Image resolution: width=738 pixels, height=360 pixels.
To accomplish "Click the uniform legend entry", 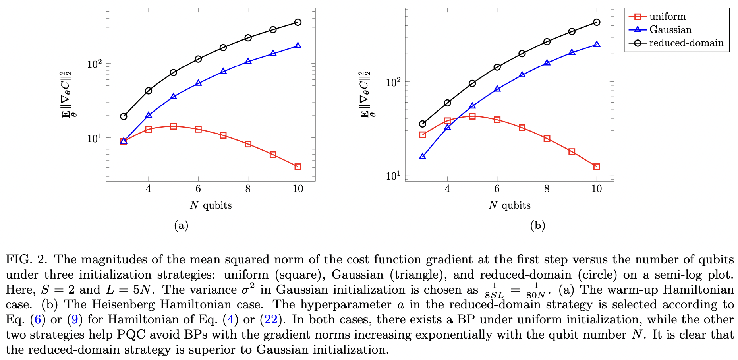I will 667,17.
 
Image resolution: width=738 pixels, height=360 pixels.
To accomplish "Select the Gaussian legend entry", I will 670,30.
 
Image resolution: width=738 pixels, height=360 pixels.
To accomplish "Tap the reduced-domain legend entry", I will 686,43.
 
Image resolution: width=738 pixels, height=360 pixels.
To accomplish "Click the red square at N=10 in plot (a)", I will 298,166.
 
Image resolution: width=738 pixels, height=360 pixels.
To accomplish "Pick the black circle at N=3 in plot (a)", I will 124,116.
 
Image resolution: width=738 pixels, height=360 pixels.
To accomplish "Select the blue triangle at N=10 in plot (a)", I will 298,46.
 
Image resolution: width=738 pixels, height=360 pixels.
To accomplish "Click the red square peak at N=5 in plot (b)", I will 472,116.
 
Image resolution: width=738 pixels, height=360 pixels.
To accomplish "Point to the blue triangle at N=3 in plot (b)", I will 423,157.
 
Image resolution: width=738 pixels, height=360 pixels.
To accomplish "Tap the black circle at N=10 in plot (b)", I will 597,22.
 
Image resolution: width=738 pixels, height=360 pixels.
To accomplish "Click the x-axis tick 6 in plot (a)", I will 198,189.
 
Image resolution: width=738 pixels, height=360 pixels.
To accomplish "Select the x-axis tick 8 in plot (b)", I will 547,189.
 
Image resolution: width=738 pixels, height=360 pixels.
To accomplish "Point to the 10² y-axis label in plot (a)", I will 95,64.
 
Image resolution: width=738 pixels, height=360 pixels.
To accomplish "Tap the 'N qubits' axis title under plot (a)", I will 211,205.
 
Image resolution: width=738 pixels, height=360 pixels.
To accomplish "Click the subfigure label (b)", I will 537,226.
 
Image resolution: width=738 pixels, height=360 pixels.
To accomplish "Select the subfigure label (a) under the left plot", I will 181,226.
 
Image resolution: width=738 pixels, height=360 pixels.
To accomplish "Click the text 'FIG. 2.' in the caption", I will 26,260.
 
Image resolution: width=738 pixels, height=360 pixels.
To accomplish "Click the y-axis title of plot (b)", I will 365,94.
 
